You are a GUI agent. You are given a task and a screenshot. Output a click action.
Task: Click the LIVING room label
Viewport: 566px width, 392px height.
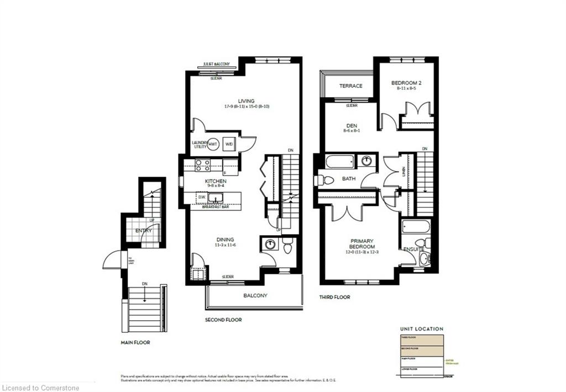coord(246,101)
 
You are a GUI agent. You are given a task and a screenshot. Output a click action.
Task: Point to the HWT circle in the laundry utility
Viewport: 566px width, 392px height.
coord(213,144)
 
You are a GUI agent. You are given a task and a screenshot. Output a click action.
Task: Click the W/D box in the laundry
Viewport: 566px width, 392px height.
coord(229,144)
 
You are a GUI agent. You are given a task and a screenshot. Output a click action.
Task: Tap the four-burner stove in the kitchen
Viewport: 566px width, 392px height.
coord(202,165)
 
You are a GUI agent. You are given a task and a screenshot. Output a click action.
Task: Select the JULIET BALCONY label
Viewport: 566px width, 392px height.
coord(216,65)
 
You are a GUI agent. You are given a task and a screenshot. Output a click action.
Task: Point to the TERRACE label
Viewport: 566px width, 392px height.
coord(350,86)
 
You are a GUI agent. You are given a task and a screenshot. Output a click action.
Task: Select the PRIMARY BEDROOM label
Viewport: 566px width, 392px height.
coord(362,243)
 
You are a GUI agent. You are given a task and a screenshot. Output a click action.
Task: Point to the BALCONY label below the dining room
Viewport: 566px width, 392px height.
coord(255,295)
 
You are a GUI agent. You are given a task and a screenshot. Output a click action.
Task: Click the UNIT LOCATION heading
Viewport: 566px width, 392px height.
coord(421,329)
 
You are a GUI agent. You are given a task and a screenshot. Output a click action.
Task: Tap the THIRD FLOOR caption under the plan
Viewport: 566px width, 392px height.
coord(335,297)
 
